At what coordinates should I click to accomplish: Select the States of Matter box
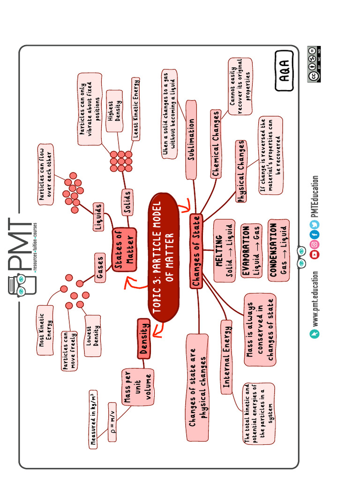pos(124,250)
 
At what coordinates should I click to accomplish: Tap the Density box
pos(144,338)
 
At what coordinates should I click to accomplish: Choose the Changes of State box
pos(196,251)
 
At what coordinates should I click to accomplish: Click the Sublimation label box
pos(191,140)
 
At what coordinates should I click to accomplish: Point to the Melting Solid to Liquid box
pos(224,250)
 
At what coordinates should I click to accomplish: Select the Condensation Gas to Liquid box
pos(278,250)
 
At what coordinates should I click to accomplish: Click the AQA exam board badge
pos(285,71)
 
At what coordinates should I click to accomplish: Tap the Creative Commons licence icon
pos(314,64)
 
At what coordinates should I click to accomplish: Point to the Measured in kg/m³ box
pos(93,419)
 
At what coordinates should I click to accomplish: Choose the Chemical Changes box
pos(216,144)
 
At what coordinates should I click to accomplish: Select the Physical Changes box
pos(241,171)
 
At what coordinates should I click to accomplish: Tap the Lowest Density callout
pos(92,336)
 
